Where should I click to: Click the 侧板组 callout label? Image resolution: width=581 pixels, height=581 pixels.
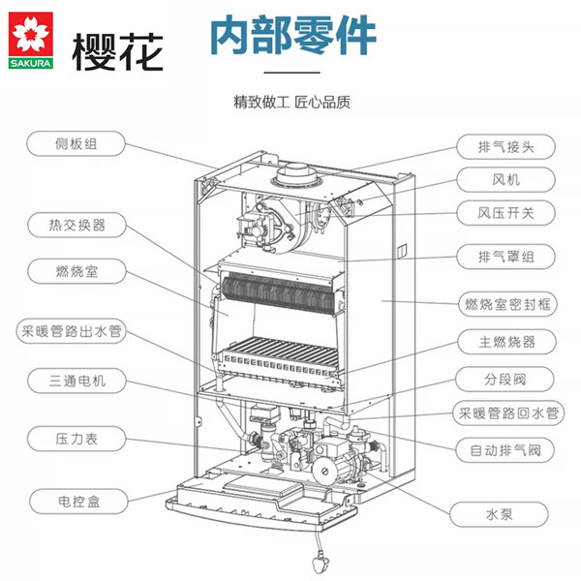tap(76, 145)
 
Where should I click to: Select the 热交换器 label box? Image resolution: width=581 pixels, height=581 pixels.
tap(76, 226)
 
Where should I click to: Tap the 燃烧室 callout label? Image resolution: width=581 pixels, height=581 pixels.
tap(76, 270)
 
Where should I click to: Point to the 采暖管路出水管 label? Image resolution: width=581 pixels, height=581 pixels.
tap(76, 330)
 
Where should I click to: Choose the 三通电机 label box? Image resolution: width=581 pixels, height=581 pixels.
tap(76, 381)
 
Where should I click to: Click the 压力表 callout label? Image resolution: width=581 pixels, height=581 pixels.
tap(76, 439)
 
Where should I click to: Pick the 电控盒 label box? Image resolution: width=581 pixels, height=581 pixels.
tap(76, 501)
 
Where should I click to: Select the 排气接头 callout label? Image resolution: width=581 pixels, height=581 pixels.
tap(504, 147)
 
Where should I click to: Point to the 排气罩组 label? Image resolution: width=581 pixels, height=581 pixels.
tap(504, 258)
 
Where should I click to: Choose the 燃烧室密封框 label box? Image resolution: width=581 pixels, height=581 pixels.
tap(504, 304)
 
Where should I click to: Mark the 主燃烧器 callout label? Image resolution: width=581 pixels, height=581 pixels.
tap(504, 342)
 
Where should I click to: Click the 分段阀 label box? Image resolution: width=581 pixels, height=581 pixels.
tap(504, 379)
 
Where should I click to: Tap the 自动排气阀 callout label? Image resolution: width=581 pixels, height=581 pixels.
tap(504, 449)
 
